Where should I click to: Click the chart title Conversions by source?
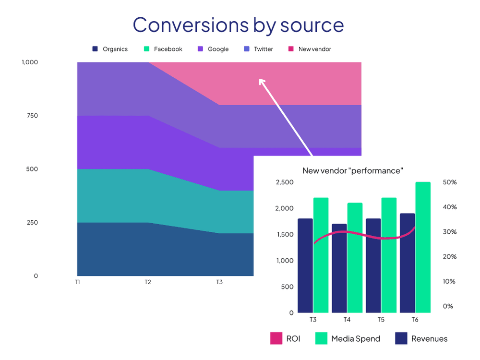[238, 25]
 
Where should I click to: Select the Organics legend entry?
[115, 49]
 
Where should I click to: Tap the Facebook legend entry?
[168, 49]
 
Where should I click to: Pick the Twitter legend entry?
[263, 49]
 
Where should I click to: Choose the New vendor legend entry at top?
[314, 49]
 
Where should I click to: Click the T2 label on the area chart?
[148, 282]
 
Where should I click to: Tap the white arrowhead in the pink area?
[262, 81]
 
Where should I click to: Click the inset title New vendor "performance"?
[352, 170]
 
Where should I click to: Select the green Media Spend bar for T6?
[423, 247]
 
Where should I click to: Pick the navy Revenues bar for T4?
[339, 268]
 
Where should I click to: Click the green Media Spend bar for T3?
[321, 255]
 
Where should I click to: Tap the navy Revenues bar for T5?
[373, 265]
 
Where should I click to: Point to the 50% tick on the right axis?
[449, 182]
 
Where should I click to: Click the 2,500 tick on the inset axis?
[285, 182]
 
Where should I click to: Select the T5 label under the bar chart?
[381, 319]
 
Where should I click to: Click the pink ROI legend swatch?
[276, 338]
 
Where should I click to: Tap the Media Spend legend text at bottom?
[355, 339]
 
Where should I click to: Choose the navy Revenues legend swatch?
[401, 338]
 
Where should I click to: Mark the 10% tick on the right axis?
[449, 281]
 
